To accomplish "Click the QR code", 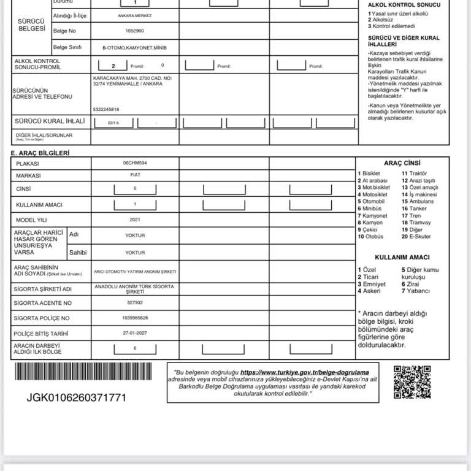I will coord(412,382).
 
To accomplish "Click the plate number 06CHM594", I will coord(135,164).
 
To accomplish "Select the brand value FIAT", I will coord(135,175).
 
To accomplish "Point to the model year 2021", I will coord(135,219).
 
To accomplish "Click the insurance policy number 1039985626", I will coord(135,318).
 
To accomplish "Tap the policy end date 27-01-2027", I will coord(135,334).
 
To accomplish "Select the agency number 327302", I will coord(135,303).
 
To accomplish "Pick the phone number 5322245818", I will coord(106,109).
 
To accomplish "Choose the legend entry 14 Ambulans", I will coord(418,201).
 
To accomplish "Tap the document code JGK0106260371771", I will coord(76,397).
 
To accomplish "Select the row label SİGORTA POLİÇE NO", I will coord(43,318).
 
